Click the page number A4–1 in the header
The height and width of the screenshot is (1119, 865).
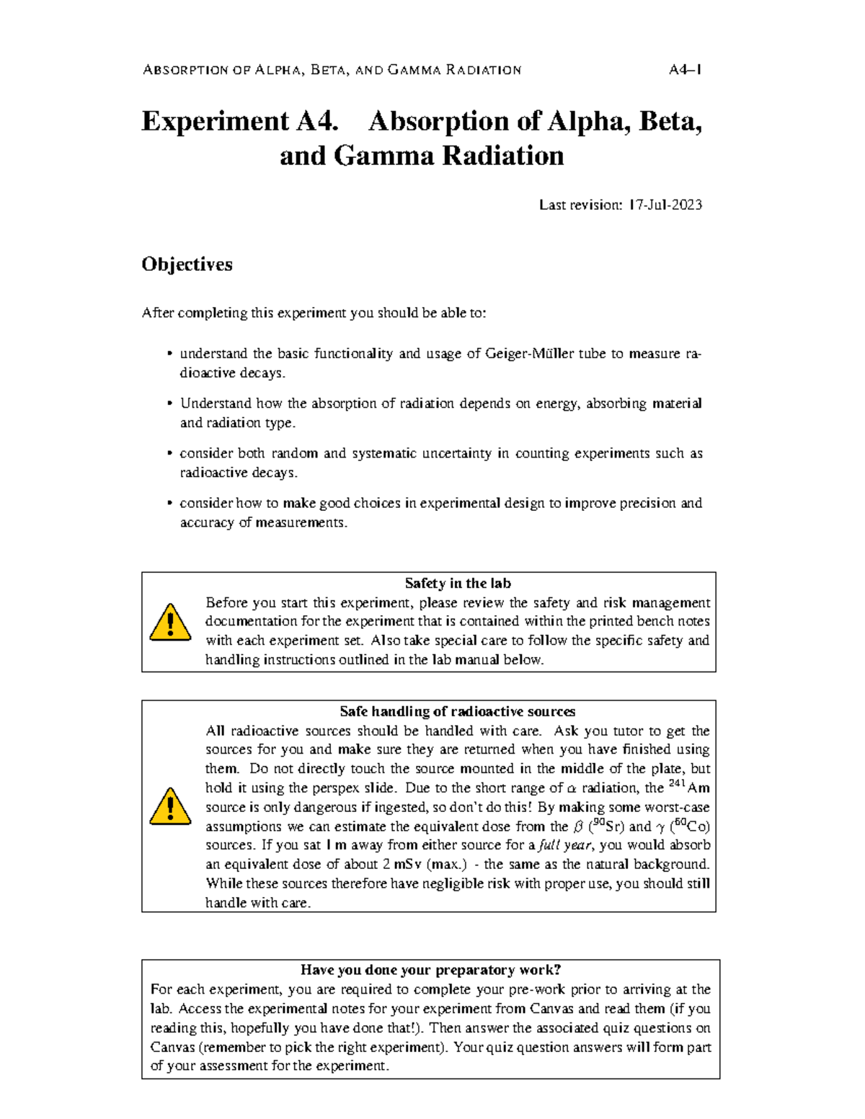(x=685, y=70)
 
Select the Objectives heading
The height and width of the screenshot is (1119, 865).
(x=187, y=264)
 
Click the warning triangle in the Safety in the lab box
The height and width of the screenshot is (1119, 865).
(x=170, y=623)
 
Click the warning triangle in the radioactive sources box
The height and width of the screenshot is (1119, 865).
(x=170, y=806)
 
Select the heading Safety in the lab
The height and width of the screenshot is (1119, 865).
(x=457, y=584)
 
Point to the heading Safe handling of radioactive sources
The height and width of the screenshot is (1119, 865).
(x=457, y=712)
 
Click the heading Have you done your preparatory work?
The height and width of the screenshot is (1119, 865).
(x=430, y=971)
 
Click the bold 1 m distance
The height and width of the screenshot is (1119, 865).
(x=336, y=846)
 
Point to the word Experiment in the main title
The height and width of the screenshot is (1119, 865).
(x=215, y=121)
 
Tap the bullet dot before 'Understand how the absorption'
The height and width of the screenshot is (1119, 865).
(x=169, y=404)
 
